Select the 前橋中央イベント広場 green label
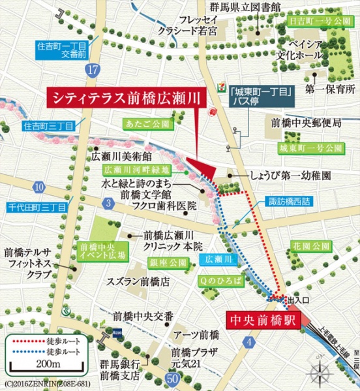point(98,253)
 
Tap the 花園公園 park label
point(310,247)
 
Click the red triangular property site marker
point(204,168)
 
